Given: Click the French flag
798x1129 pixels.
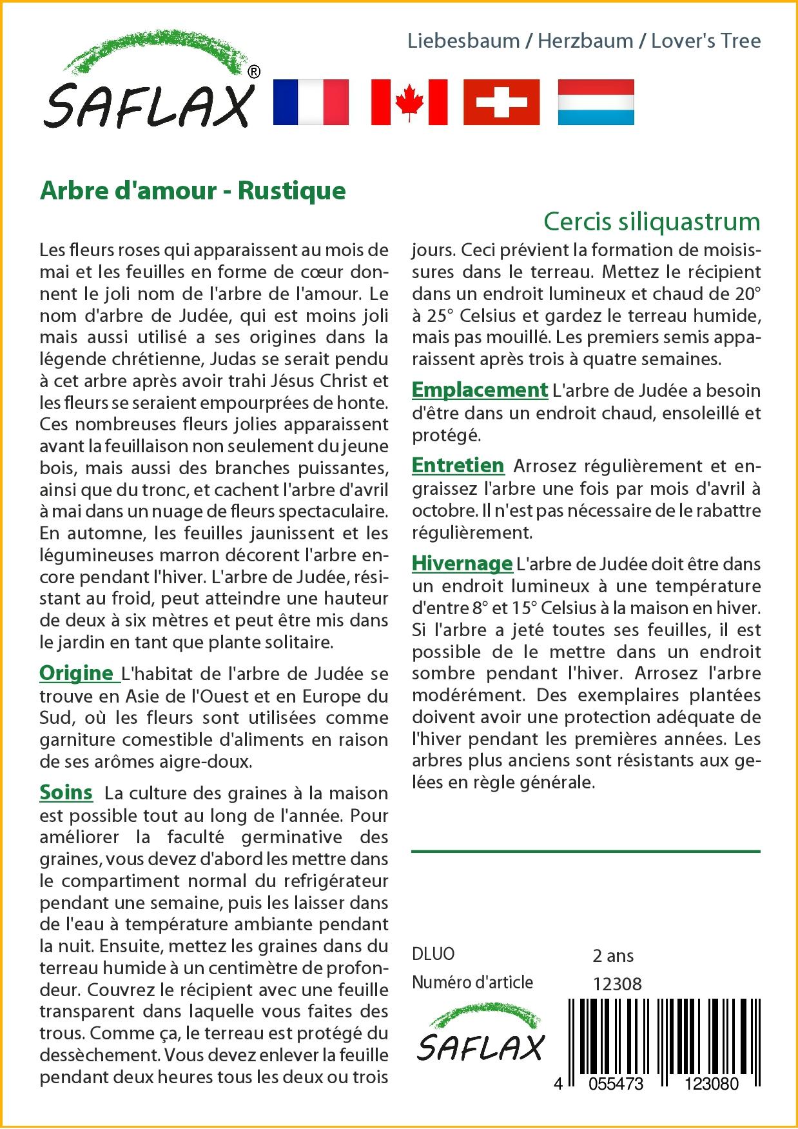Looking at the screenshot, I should click(x=311, y=102).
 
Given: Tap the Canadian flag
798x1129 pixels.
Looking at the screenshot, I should click(x=409, y=102).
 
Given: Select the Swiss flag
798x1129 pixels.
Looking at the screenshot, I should click(x=501, y=102).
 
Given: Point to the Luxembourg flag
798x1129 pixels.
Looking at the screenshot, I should click(x=596, y=102).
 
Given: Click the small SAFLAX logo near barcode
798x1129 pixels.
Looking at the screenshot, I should click(x=480, y=1036).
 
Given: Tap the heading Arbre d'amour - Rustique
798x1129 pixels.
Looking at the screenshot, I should click(x=193, y=191).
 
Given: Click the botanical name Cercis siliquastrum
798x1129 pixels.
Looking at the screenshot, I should click(x=652, y=222).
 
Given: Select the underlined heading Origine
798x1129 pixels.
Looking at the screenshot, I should click(x=77, y=673).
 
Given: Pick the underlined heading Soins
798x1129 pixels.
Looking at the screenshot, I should click(x=66, y=792).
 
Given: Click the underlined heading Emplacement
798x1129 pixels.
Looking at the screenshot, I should click(x=480, y=390).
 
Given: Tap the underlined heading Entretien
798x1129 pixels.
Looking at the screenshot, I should click(x=458, y=465).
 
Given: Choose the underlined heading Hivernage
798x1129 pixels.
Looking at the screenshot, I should click(x=462, y=563).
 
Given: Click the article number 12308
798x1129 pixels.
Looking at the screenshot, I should click(x=617, y=984).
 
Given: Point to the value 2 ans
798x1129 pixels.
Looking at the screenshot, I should click(x=613, y=955).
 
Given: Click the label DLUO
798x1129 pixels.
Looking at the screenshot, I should click(x=433, y=954).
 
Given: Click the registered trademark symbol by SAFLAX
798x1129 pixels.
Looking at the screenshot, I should click(x=254, y=72).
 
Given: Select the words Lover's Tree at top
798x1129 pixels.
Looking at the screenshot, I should click(x=706, y=41).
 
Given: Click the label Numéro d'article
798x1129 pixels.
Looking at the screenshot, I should click(x=472, y=983).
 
